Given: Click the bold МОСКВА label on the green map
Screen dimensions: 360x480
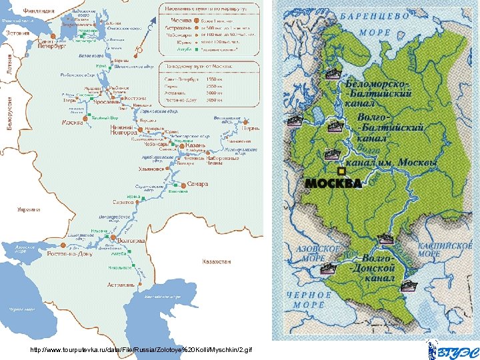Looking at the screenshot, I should [333, 183].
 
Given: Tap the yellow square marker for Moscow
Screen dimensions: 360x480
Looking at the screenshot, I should [341, 171].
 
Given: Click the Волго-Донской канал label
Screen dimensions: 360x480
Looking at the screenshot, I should [377, 267].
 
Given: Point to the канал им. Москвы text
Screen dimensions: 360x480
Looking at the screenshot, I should [389, 162].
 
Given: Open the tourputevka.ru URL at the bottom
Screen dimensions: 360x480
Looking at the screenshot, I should [142, 349].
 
